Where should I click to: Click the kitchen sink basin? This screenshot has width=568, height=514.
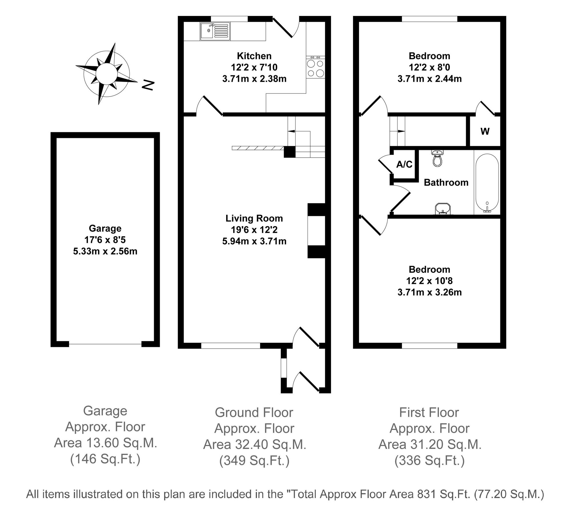pos(207,31)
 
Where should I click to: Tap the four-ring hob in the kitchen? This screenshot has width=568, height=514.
pos(316,68)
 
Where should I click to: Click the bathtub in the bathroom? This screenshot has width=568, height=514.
pos(487,183)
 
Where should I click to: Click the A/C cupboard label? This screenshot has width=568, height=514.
pos(404,164)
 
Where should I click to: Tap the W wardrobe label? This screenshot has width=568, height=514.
pos(485,131)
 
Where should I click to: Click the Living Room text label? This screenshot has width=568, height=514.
pos(254,218)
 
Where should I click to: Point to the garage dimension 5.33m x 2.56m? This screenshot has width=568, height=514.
pos(105,251)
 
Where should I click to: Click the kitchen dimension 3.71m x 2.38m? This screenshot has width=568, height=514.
pos(254,79)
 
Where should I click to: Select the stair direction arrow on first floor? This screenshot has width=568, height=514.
pos(401,131)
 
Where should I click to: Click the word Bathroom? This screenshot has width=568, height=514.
pos(446,182)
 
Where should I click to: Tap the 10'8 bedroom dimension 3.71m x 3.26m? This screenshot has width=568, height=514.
pos(429,292)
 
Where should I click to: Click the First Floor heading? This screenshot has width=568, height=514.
pos(429,413)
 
